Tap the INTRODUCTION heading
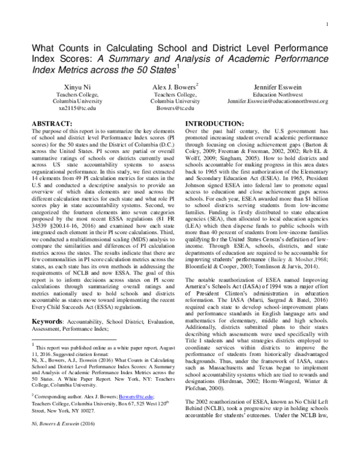[209, 122]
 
